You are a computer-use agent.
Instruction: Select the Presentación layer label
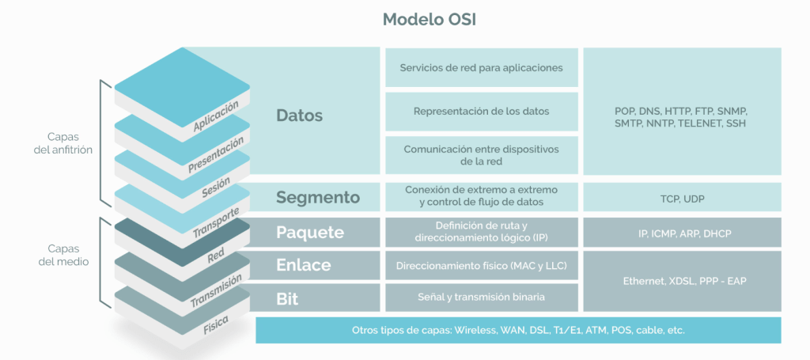pos(215,156)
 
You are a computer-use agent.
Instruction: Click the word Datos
pos(300,116)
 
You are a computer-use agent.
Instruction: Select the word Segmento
pos(317,197)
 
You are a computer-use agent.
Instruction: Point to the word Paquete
pos(310,233)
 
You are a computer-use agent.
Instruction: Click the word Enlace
pos(304,265)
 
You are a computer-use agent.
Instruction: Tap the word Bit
pos(287,297)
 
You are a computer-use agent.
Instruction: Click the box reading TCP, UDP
pos(681,197)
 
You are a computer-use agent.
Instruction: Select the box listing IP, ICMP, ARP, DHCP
pos(681,233)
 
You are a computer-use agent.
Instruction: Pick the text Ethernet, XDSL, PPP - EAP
pos(681,281)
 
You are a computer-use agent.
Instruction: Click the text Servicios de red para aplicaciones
pos(481,68)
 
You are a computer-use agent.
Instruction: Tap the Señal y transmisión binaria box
pos(481,297)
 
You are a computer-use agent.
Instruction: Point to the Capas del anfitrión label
pos(63,142)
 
